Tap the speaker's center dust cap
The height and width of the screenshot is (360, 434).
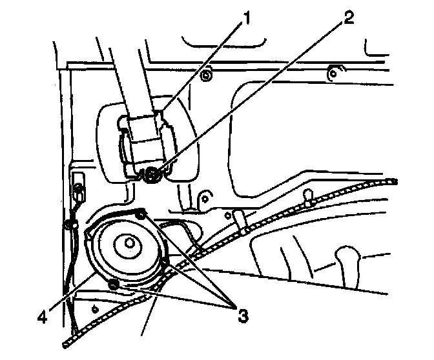[129, 243]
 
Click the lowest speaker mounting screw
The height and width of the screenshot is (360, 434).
[114, 283]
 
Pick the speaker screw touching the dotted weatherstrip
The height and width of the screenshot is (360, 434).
[169, 261]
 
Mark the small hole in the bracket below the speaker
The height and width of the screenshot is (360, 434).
[95, 308]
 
